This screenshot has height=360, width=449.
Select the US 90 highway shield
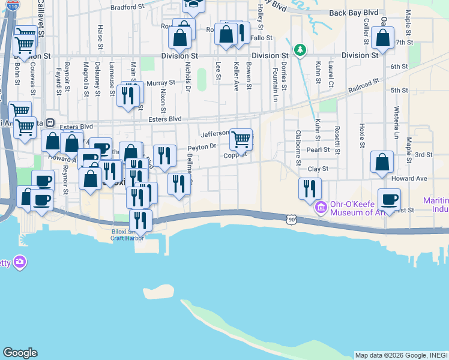292,220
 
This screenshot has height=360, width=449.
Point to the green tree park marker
298,49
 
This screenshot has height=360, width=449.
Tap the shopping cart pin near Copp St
241,139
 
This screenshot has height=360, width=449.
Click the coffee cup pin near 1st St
389,199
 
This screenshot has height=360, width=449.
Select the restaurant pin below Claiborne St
310,188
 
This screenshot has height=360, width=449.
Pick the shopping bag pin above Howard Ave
382,162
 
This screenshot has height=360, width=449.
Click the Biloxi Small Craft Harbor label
127,234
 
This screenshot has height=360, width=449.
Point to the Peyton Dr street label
201,146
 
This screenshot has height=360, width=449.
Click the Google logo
20,353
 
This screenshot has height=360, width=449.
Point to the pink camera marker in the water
20,262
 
